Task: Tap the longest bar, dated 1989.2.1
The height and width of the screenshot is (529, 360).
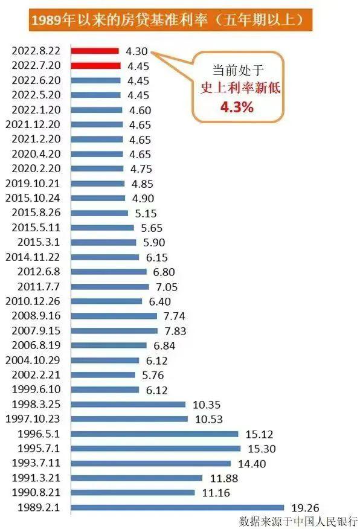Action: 178,507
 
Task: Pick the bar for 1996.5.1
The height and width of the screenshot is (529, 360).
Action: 155,434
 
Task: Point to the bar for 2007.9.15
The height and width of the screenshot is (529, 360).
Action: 114,331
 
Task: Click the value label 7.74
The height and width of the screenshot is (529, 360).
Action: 175,316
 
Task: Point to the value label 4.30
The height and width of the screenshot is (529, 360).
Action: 137,52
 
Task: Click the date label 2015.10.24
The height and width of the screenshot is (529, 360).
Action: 32,198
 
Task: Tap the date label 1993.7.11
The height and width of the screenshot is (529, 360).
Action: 36,463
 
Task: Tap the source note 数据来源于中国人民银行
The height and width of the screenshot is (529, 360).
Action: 298,521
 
